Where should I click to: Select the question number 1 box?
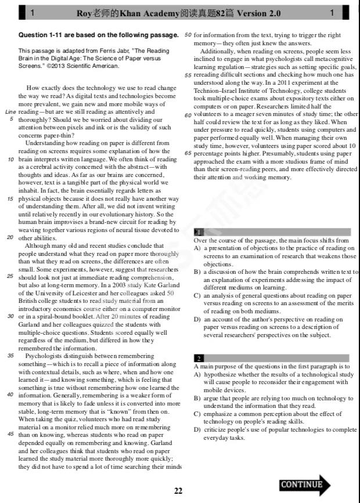pyautogui.click(x=199, y=232)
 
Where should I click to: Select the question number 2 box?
pyautogui.click(x=199, y=359)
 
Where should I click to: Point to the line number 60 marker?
pyautogui.click(x=188, y=115)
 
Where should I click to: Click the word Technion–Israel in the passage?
pyautogui.click(x=215, y=91)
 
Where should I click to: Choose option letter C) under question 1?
pyautogui.click(x=197, y=295)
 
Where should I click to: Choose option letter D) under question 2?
pyautogui.click(x=197, y=429)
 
